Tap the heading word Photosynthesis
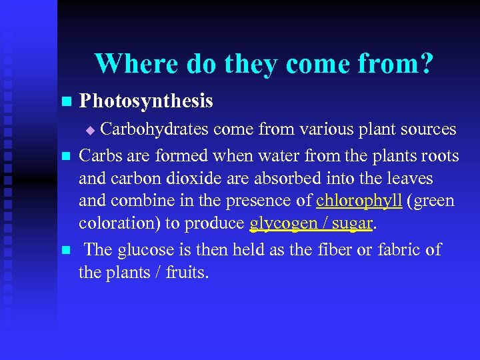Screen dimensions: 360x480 click(146, 101)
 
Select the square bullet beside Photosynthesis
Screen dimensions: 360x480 click(65, 102)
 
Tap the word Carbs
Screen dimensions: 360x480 click(101, 156)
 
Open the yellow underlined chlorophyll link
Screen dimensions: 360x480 click(359, 201)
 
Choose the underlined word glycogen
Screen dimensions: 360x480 click(287, 224)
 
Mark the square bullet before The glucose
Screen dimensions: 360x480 click(65, 251)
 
